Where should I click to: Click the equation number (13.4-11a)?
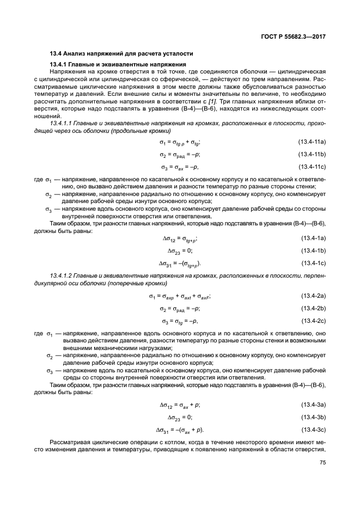click(312, 142)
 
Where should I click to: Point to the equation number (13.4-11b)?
click(312, 155)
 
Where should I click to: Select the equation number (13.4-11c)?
click(312, 167)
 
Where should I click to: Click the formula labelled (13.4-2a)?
click(180, 296)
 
